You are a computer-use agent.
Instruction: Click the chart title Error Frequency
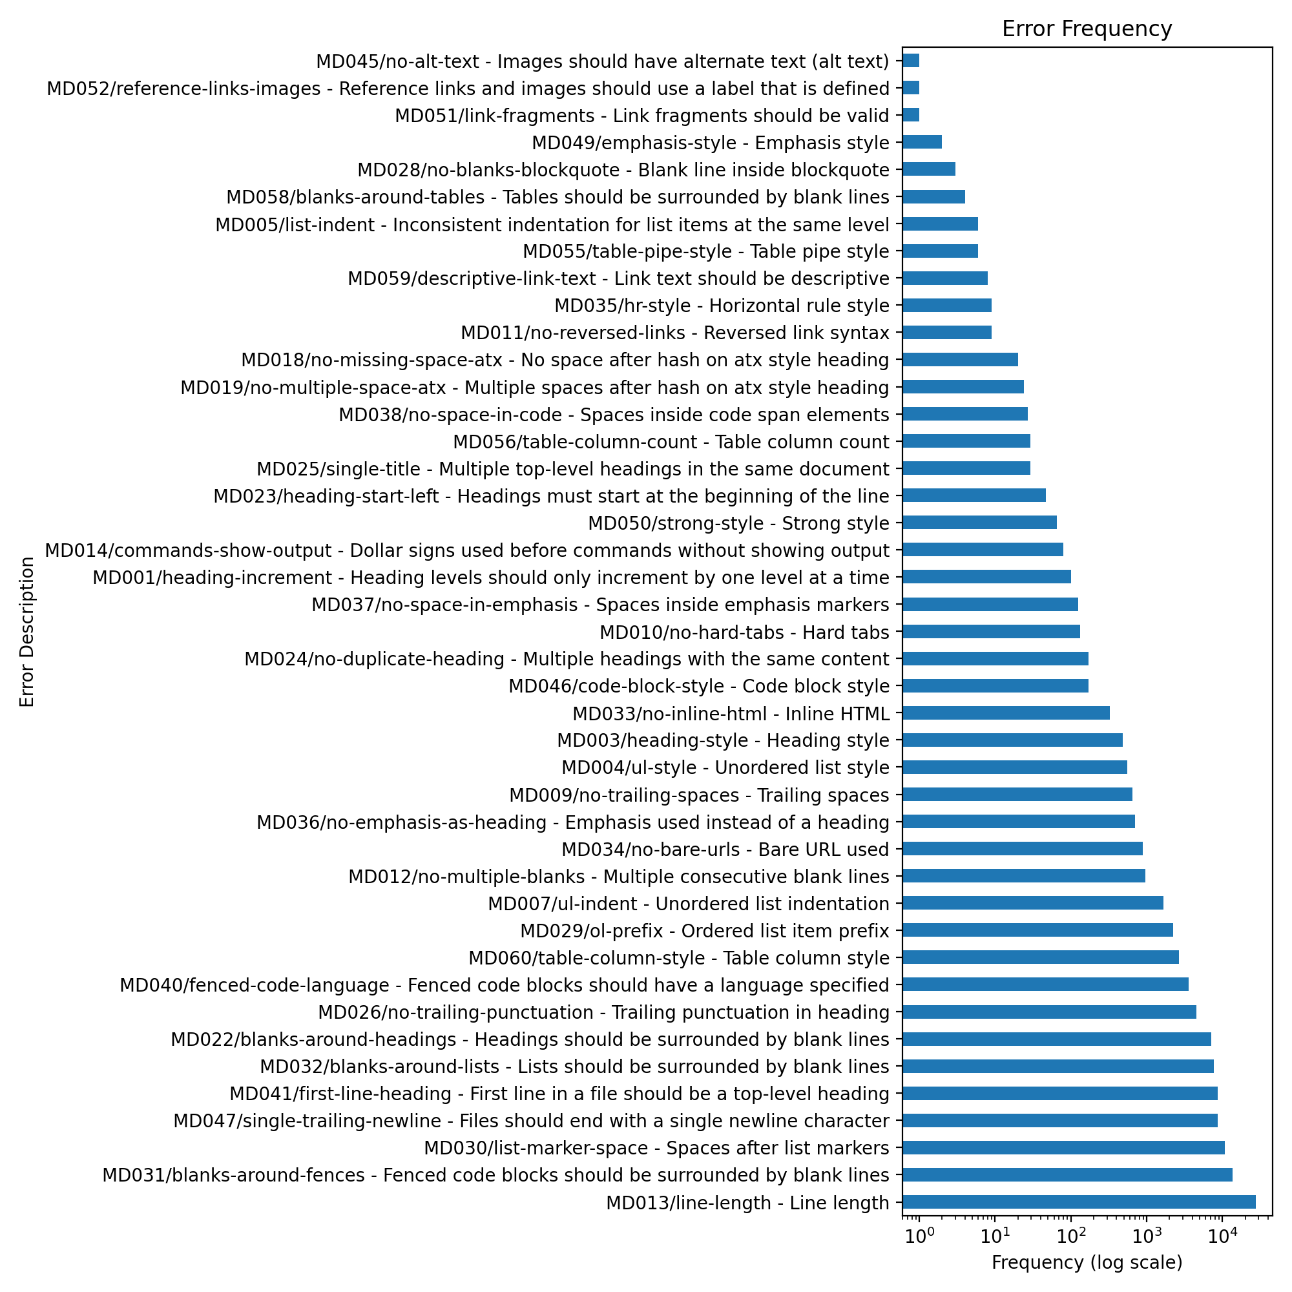(x=1086, y=30)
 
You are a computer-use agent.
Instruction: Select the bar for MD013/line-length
(x=1078, y=1202)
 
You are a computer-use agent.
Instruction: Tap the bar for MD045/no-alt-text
(x=911, y=61)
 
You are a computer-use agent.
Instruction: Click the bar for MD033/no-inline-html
(x=1006, y=713)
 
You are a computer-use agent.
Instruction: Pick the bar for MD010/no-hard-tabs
(x=991, y=631)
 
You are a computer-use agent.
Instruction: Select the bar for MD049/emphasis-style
(x=922, y=142)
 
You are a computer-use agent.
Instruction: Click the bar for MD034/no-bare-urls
(x=1022, y=849)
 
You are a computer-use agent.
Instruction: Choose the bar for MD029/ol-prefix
(x=1037, y=930)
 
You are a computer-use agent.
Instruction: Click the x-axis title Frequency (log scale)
(x=1087, y=1262)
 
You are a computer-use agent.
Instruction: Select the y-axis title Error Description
(x=26, y=632)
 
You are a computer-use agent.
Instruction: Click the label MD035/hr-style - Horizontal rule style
(x=722, y=306)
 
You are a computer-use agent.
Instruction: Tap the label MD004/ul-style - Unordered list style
(x=725, y=767)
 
